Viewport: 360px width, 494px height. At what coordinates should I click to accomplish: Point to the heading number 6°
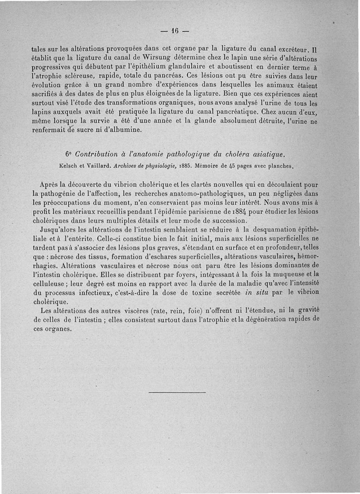coord(67,155)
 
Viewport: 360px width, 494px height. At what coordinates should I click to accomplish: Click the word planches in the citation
coord(281,166)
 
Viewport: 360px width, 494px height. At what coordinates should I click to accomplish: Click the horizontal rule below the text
coord(177,392)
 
